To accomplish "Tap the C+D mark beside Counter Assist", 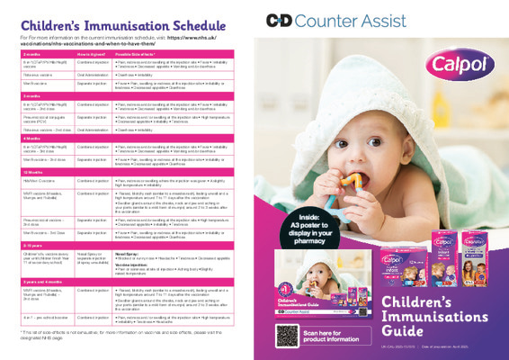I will point(282,20).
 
